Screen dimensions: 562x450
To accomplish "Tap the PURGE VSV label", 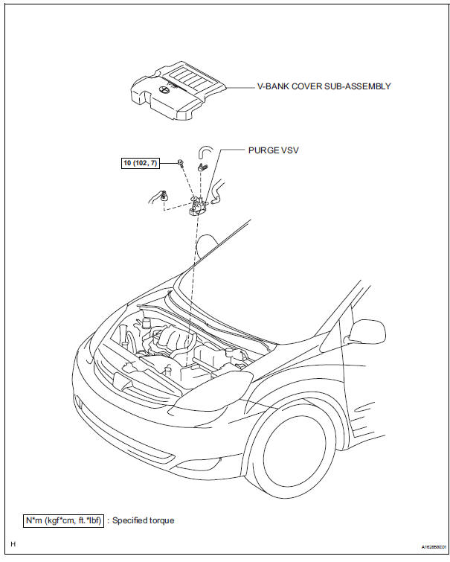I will [x=274, y=150].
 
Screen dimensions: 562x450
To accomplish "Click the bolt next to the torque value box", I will [x=181, y=162].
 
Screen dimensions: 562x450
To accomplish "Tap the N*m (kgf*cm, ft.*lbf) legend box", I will [x=63, y=520].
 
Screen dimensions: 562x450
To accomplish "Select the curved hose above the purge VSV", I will [x=204, y=152].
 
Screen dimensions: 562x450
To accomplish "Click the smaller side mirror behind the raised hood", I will [x=208, y=244].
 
